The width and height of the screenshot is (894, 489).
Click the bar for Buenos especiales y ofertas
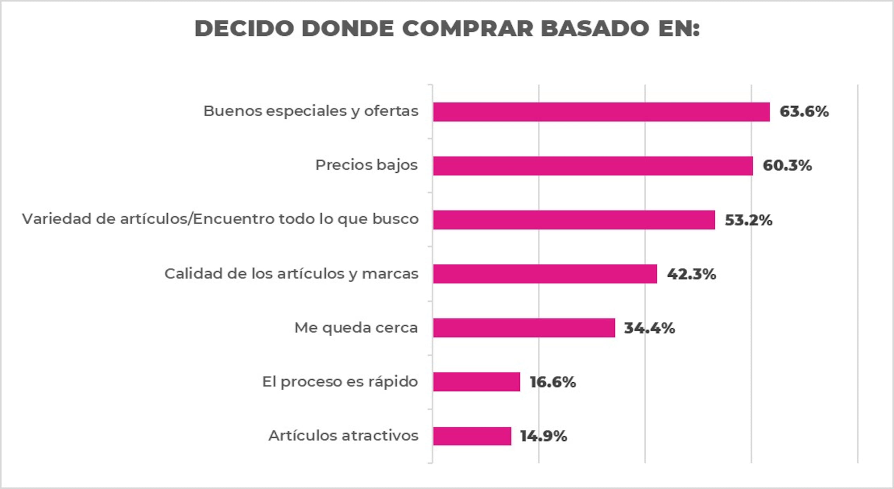point(601,112)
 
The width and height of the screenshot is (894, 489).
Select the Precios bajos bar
point(593,166)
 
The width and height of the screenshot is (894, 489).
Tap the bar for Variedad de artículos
point(574,220)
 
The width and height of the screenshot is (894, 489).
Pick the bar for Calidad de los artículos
point(545,274)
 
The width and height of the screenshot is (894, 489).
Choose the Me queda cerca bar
point(524,328)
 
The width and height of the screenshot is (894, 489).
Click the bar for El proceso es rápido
point(477,382)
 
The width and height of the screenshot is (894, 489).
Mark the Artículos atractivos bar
point(472,436)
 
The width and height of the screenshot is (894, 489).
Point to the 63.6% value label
point(804,112)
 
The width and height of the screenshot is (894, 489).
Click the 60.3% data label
point(787,166)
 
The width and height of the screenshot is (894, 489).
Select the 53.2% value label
point(748,220)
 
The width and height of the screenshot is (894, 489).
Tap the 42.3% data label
point(691,274)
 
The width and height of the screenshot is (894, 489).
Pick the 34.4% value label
point(650,328)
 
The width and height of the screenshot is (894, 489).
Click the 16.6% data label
point(553,382)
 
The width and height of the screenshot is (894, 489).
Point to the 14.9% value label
point(544,436)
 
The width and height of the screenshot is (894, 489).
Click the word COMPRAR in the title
point(468,28)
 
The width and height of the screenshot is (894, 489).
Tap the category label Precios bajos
point(366,165)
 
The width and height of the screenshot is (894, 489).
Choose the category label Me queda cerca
point(356,328)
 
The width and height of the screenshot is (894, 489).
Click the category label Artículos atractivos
point(343,436)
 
